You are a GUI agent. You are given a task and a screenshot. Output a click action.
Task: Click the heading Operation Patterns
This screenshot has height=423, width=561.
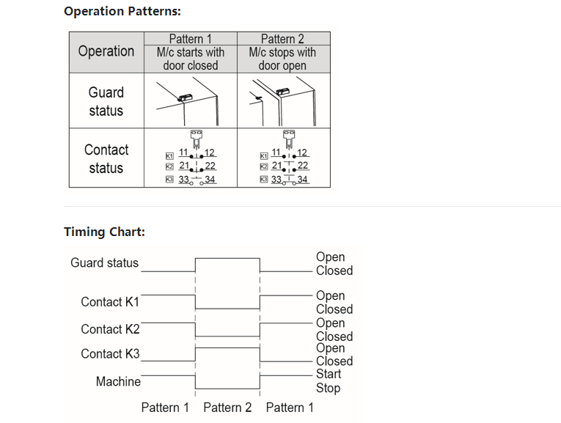tap(122, 11)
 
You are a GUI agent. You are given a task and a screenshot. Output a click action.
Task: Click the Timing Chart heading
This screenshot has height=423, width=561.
tap(104, 232)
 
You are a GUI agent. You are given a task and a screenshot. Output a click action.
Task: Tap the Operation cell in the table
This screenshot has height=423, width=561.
tap(106, 51)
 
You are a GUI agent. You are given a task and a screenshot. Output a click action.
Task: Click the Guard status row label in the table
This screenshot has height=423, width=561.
tap(106, 101)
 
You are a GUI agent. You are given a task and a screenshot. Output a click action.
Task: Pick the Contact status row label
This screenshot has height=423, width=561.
tap(106, 158)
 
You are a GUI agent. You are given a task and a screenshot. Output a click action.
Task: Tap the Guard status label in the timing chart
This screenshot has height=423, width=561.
tap(104, 262)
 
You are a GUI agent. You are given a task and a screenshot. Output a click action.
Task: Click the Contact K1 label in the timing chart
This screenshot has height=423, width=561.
tap(110, 302)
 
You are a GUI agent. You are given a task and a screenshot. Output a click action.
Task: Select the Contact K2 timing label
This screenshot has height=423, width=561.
tap(110, 329)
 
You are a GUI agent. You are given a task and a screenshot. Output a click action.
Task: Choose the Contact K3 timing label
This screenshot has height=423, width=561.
tap(110, 353)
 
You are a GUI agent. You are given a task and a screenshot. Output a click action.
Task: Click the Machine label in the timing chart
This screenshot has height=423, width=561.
tap(118, 381)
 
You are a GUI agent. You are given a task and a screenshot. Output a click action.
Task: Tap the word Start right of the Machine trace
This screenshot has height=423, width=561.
tap(329, 374)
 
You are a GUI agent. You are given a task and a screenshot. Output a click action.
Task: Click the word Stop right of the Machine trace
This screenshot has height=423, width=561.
tap(328, 388)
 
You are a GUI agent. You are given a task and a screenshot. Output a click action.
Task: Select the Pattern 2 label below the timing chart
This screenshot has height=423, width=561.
tap(227, 407)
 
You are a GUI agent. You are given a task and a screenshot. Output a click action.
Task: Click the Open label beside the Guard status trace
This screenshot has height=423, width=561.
tap(330, 257)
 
